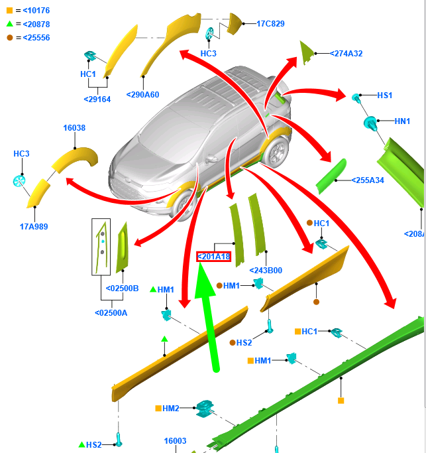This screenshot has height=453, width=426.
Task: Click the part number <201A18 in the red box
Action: pos(214,257)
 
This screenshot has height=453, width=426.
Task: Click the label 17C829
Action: pos(270,24)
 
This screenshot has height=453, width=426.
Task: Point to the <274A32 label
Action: pos(346,53)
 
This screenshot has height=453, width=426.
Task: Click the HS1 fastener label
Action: pos(385,96)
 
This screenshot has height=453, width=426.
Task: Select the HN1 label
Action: pos(402,121)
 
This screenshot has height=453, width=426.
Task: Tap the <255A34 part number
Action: pos(368,180)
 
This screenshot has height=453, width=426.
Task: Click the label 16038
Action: pos(74,128)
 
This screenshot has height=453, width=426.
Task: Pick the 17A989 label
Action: pos(34,226)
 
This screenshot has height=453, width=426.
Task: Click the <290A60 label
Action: pos(142,94)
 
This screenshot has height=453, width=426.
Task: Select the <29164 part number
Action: pos(97,99)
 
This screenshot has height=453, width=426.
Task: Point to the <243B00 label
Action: pos(266,270)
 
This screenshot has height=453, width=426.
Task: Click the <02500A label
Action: pos(111,312)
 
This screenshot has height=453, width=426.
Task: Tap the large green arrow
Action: pos(210,318)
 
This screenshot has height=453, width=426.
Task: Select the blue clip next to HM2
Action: pos(204,409)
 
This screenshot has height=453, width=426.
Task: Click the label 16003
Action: pos(176,440)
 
